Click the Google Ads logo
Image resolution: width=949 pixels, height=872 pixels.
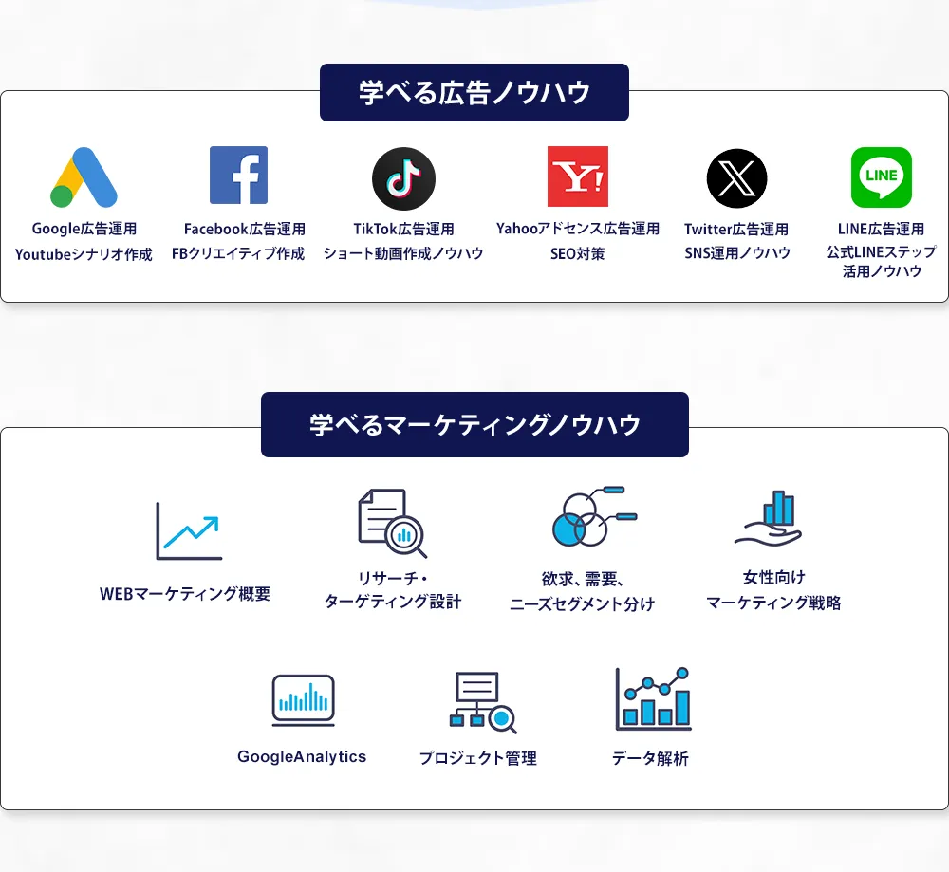coord(84,177)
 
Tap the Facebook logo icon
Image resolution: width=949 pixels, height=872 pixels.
coord(238,176)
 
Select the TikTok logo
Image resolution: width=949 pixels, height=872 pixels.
coord(403,178)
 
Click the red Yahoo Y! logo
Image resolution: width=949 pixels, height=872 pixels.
coord(578,176)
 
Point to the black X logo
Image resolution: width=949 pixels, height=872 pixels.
coord(736,178)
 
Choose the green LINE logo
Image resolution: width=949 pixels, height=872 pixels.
coord(882,177)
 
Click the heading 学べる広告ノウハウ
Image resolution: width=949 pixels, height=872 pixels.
coord(474,93)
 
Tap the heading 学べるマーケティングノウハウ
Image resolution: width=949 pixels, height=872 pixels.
coord(475,425)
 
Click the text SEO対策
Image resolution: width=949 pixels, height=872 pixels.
coord(577,253)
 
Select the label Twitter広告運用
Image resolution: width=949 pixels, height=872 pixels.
coord(736,230)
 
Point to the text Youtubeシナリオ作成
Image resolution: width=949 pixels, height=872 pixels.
coord(84,254)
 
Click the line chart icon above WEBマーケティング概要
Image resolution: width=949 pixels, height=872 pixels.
coord(189,530)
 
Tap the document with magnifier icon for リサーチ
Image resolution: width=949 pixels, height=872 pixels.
coord(393,523)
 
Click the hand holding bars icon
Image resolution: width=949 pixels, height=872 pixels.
coord(768,519)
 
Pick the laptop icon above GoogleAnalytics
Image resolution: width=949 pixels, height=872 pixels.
coord(304,700)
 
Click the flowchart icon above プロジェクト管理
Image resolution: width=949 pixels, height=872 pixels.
coord(483,702)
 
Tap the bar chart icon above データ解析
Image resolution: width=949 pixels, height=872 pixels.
coord(653,699)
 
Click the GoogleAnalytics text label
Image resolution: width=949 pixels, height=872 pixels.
coord(302,756)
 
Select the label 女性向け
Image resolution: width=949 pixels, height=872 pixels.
coord(774,577)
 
